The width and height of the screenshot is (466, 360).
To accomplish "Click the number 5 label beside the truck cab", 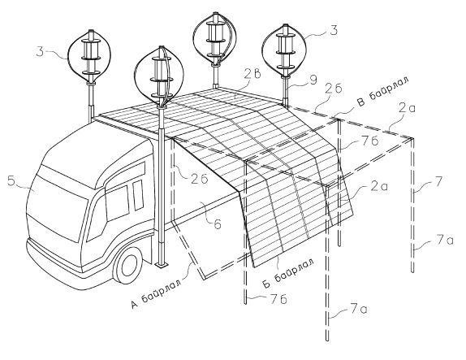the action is [11, 181].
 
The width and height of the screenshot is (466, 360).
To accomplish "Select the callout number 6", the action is [218, 223].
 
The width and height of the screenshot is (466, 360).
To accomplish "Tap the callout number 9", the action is [313, 80].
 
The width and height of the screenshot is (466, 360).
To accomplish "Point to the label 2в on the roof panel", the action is [253, 74].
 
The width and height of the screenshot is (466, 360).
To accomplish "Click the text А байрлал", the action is [157, 293].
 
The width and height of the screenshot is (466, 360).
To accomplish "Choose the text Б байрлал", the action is [287, 273].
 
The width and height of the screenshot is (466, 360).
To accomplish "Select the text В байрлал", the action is [382, 91].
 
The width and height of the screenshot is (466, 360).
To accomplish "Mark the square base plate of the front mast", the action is [162, 264].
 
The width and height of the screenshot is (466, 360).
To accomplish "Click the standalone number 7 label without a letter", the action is [438, 181].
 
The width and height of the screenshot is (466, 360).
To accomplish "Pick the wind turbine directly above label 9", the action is [283, 50].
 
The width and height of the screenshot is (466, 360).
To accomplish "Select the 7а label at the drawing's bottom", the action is [359, 309].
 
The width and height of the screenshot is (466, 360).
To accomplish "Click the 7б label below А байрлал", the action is [279, 299].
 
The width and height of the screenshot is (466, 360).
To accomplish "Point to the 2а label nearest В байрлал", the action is [407, 109].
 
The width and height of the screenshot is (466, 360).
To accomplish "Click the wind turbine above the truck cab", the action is [89, 55].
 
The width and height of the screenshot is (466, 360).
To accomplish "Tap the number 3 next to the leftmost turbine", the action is [40, 51].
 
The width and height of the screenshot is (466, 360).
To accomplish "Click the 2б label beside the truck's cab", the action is [199, 179].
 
